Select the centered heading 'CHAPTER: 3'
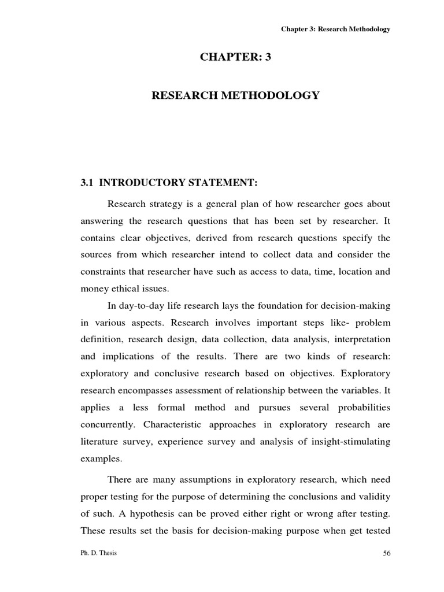click(x=235, y=57)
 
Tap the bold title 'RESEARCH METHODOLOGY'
click(x=235, y=95)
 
